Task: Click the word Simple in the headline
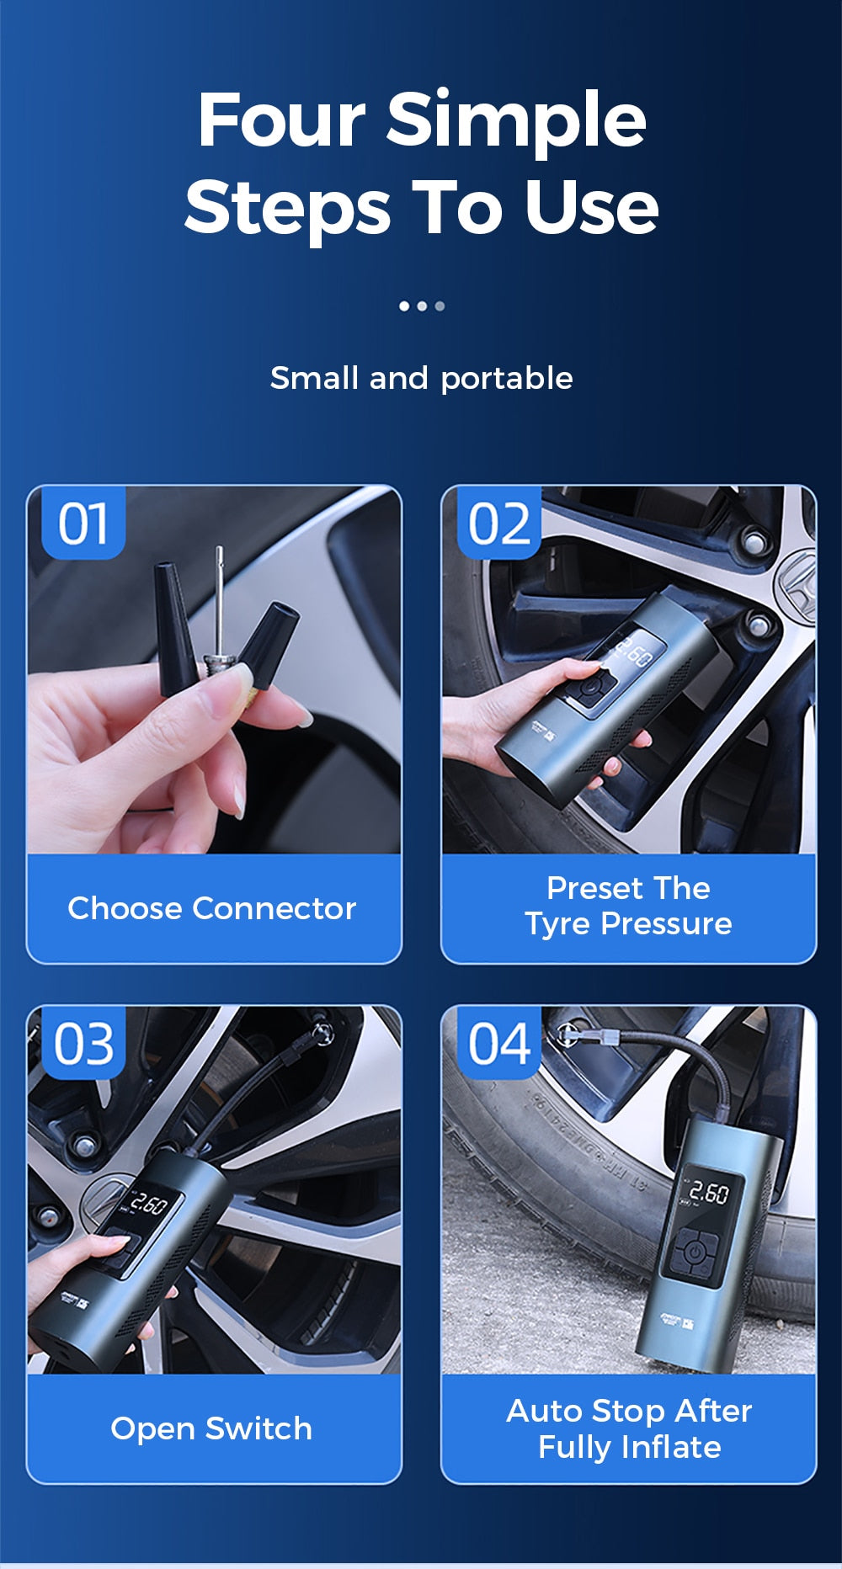click(515, 120)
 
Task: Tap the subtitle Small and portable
click(421, 379)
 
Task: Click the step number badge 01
click(83, 524)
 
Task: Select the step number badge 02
click(498, 524)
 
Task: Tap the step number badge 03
click(83, 1044)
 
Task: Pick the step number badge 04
click(498, 1044)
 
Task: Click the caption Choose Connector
click(212, 908)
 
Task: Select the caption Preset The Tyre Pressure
click(628, 906)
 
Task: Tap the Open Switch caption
click(211, 1428)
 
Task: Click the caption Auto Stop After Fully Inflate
click(628, 1428)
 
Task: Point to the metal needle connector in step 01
click(220, 606)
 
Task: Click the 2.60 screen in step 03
click(148, 1205)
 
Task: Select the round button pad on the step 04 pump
click(693, 1253)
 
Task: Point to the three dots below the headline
click(421, 306)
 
